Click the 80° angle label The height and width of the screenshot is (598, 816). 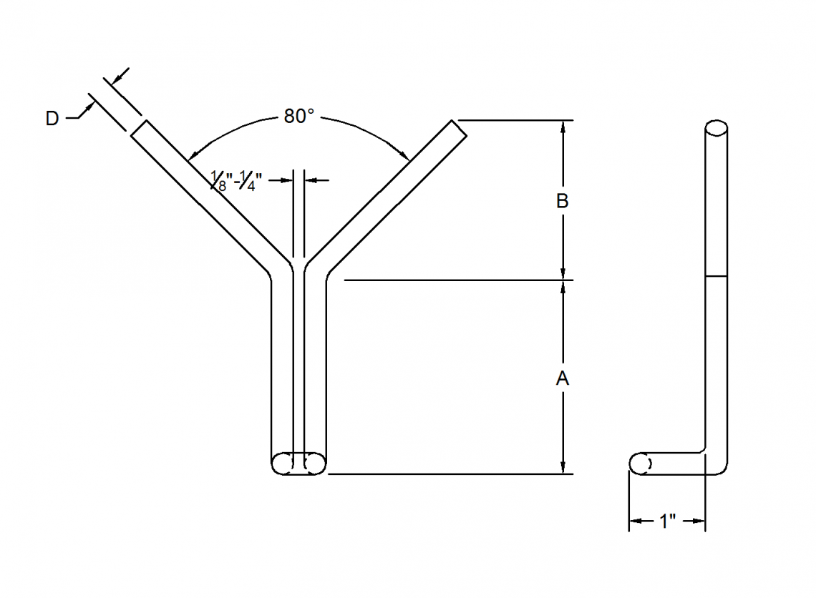click(298, 117)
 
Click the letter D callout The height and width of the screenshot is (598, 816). click(52, 119)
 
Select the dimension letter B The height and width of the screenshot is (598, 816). click(563, 202)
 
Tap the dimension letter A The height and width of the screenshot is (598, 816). click(563, 378)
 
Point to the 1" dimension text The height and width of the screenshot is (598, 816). click(667, 521)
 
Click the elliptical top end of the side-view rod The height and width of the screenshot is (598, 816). click(717, 129)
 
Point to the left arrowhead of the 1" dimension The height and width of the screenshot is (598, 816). click(634, 522)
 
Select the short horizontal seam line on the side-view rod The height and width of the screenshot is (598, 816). click(717, 275)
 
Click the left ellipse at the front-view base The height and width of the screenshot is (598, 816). click(283, 464)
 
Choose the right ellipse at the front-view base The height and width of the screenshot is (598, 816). click(314, 464)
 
